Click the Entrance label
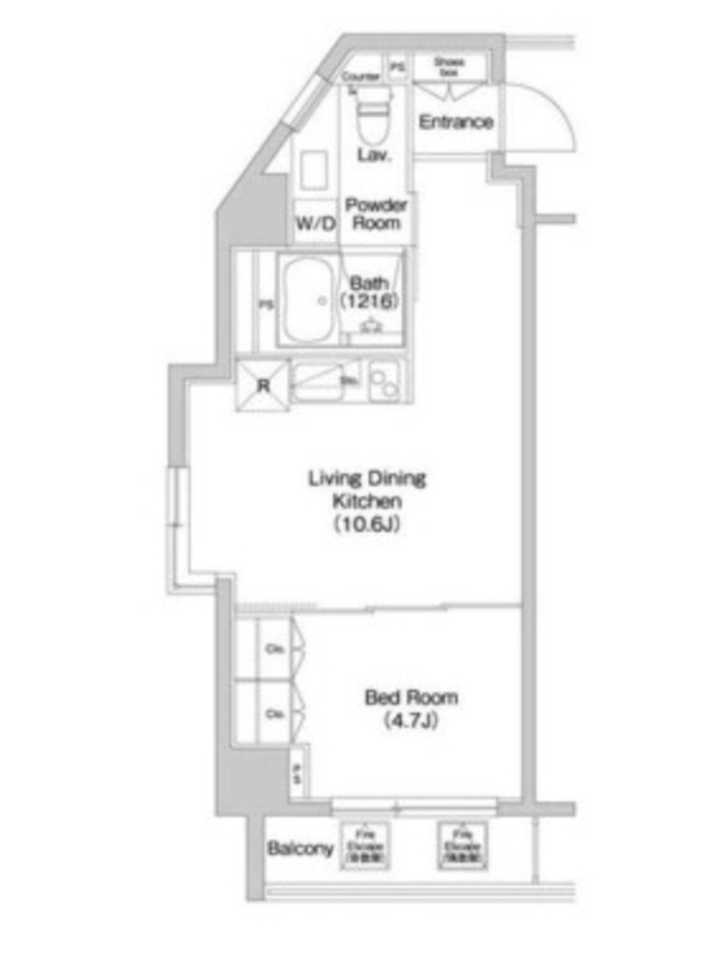coord(456,122)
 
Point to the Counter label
coord(361,76)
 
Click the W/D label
coord(315,224)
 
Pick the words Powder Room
coord(376,213)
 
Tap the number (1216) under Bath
coord(368,301)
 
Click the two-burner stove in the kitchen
coord(385,383)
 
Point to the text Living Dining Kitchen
coord(367,488)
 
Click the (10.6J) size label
coord(367,525)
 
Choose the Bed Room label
coord(412,698)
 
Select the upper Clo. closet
coord(277,649)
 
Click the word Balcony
coord(300,848)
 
